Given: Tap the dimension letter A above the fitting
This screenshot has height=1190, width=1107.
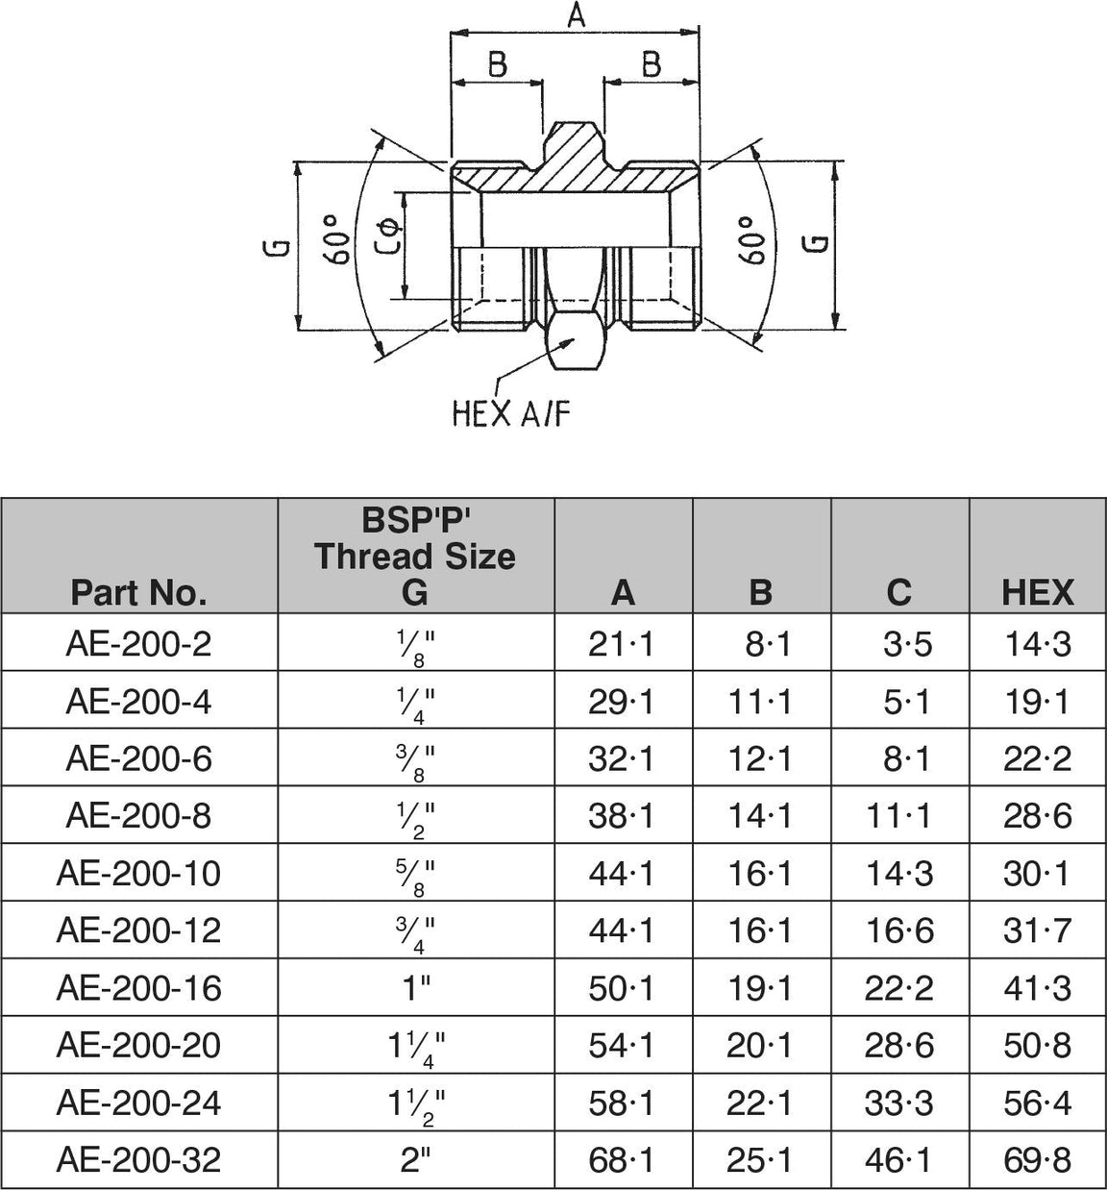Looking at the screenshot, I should click(x=576, y=16).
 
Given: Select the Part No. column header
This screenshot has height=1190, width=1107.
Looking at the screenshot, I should click(x=138, y=592).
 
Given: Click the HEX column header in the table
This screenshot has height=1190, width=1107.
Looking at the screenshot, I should click(x=1037, y=592).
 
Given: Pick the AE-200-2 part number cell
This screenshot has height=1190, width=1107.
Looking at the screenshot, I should click(x=138, y=643).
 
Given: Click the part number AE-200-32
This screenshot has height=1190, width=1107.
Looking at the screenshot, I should click(x=138, y=1159).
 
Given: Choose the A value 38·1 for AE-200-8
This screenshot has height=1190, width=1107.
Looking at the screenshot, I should click(x=621, y=816).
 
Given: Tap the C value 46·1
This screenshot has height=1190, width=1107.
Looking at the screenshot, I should click(x=898, y=1159).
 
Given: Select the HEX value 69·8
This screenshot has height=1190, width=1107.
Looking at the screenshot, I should click(x=1037, y=1159).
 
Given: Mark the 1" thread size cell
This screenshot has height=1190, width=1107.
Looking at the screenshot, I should click(x=415, y=987).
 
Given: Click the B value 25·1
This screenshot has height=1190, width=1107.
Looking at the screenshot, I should click(x=759, y=1159).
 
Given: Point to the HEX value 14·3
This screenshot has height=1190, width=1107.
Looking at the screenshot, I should click(x=1037, y=643).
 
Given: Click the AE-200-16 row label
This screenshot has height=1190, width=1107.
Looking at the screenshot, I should click(x=138, y=987).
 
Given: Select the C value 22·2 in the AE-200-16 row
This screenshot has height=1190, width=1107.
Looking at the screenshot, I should click(x=898, y=987).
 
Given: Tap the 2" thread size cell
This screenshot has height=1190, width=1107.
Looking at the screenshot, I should click(x=415, y=1159).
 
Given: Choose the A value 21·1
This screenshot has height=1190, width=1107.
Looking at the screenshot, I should click(x=621, y=643).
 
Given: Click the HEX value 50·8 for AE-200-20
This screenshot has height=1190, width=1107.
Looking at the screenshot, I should click(x=1037, y=1045).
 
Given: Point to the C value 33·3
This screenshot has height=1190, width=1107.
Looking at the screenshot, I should click(x=898, y=1103).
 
